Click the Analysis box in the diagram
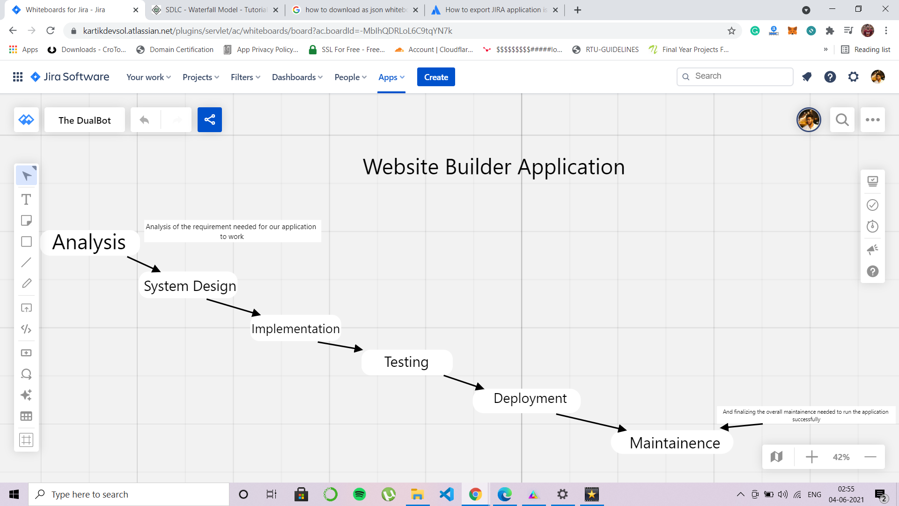(89, 242)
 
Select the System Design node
(190, 286)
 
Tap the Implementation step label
(295, 328)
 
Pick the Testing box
(406, 362)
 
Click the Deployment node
(530, 399)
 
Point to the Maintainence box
(674, 443)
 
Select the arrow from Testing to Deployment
(464, 382)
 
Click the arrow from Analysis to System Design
(144, 264)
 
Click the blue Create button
(436, 77)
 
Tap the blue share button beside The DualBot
(209, 120)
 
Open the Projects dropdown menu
(200, 77)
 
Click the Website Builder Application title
(494, 167)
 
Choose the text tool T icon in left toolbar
(26, 200)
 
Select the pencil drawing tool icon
(26, 283)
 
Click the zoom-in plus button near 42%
(811, 457)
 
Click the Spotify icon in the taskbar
(359, 494)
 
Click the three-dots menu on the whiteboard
(872, 120)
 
